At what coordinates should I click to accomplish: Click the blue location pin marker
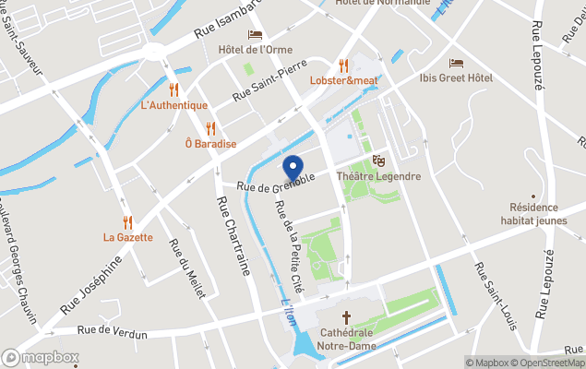(x=293, y=170)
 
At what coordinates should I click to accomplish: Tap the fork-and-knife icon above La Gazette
(x=127, y=221)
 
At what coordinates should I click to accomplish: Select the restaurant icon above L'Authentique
(x=173, y=89)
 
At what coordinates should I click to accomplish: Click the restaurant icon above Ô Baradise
(x=210, y=128)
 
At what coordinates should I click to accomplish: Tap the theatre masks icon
(x=377, y=161)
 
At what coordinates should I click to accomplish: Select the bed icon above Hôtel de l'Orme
(x=255, y=34)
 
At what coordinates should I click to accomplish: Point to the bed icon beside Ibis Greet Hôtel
(x=456, y=63)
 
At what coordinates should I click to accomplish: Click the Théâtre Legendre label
(x=378, y=176)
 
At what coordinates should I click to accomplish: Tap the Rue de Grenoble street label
(x=276, y=183)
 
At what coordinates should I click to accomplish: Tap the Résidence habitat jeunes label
(x=535, y=215)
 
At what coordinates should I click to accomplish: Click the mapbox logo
(x=41, y=357)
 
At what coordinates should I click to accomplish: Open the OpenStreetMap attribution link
(x=547, y=363)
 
